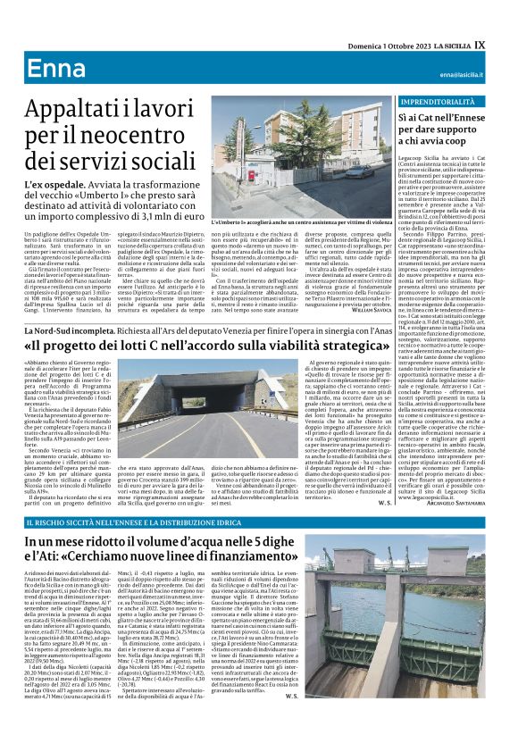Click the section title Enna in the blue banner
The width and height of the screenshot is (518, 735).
tap(53, 71)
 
